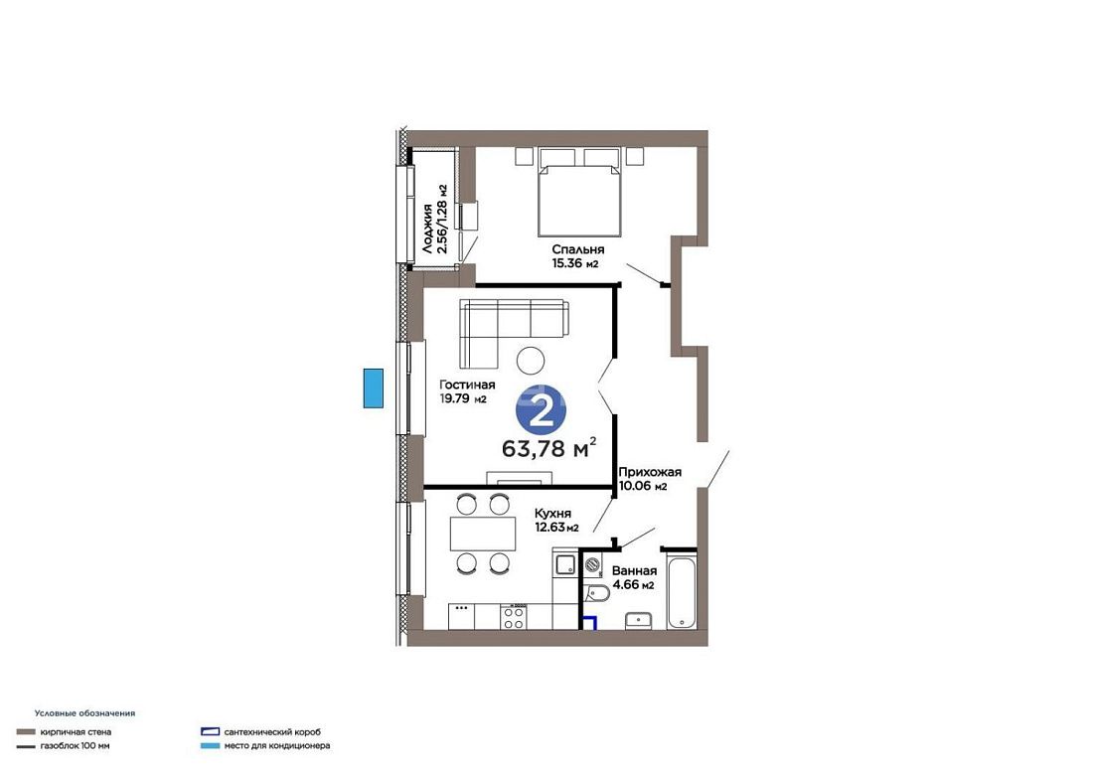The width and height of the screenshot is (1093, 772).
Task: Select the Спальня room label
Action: coord(578,249)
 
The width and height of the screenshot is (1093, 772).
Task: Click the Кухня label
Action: coord(552,514)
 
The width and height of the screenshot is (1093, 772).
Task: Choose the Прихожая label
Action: coord(650,472)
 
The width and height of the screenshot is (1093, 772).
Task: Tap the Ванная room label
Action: coord(634,570)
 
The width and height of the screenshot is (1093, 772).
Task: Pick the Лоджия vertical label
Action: coord(427,228)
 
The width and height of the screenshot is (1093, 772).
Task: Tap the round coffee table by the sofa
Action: coord(531,361)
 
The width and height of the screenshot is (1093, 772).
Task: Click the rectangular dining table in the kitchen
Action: coord(482,534)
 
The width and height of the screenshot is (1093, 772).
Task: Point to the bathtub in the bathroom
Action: coord(682,592)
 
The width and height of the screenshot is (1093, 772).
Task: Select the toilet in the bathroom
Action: coord(597,593)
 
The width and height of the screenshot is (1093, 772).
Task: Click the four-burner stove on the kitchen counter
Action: coord(514,617)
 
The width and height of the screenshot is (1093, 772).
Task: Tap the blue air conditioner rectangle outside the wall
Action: coord(373,388)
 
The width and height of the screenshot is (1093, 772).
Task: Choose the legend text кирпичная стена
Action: coord(76,732)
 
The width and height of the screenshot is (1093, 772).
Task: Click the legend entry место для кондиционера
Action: coord(277,746)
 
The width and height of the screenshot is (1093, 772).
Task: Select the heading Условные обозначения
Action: coord(85,713)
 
